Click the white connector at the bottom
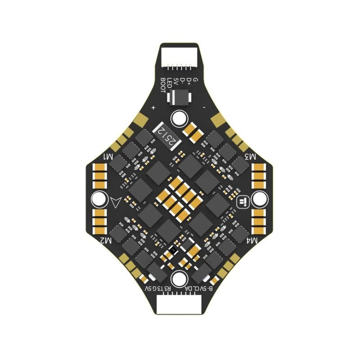click(x=180, y=306)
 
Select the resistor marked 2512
click(x=166, y=135)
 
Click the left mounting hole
click(x=98, y=199)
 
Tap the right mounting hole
click(x=262, y=199)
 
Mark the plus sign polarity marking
click(x=154, y=108)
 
